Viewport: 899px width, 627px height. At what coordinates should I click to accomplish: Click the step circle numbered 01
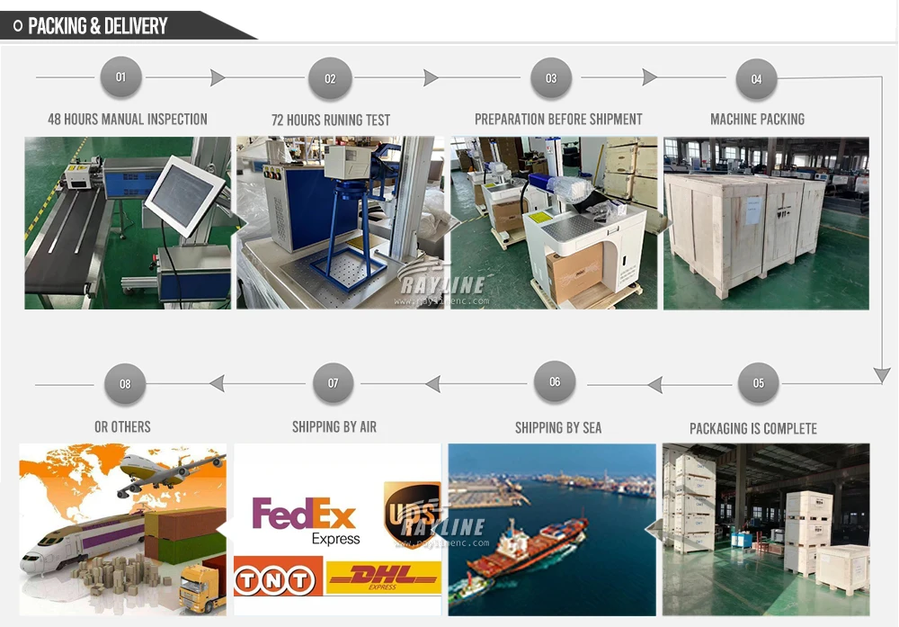tap(121, 77)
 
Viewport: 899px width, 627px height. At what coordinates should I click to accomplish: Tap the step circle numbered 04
tap(757, 79)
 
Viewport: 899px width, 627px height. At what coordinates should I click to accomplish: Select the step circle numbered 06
tap(555, 382)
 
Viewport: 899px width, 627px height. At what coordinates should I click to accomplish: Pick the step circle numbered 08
tap(125, 384)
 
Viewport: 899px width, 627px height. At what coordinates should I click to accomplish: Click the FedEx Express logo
tap(306, 521)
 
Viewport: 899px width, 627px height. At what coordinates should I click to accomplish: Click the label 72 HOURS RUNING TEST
tap(331, 120)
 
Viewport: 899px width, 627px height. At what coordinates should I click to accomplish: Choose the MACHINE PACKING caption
tap(757, 119)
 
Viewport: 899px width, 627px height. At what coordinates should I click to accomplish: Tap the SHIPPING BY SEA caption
tap(558, 427)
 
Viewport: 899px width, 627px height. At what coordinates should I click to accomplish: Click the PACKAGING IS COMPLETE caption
tap(753, 428)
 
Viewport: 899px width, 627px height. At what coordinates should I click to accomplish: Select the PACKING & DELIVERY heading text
tap(98, 26)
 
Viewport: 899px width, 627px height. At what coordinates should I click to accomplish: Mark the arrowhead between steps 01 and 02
tap(218, 78)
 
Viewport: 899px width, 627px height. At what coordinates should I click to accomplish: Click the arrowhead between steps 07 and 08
tap(217, 384)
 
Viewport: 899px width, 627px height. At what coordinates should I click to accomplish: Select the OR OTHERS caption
tap(122, 426)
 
